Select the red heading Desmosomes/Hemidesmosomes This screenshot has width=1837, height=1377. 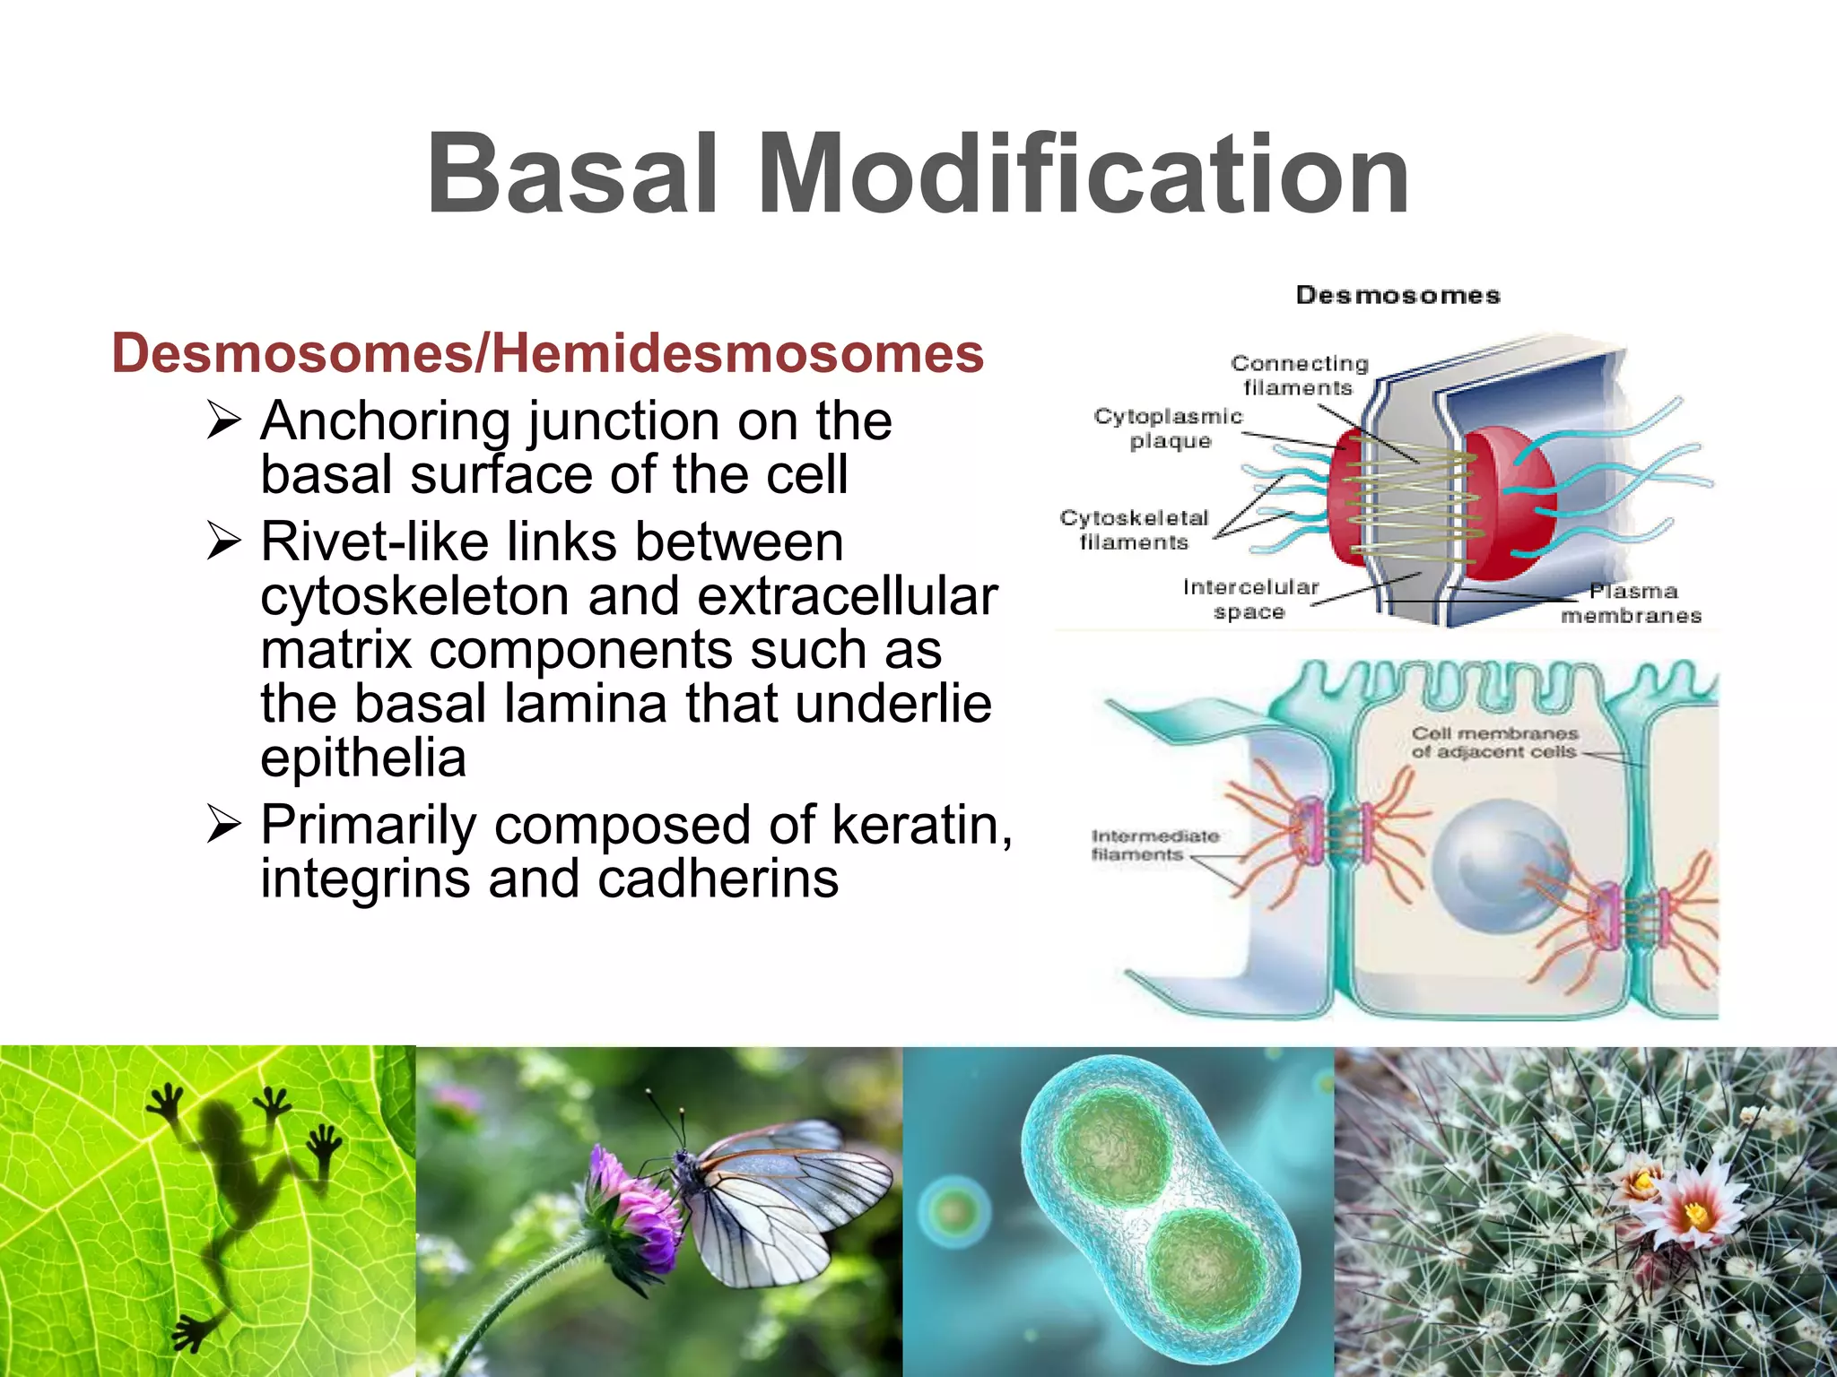(547, 353)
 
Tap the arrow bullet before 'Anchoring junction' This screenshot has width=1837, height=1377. (223, 420)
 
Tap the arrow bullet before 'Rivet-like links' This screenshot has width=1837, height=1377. (223, 541)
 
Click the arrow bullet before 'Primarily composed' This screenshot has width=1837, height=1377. (223, 823)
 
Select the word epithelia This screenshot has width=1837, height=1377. (363, 758)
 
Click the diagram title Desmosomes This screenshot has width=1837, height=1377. (1397, 295)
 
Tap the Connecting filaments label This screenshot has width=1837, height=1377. (1299, 375)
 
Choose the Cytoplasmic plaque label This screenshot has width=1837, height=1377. (1169, 429)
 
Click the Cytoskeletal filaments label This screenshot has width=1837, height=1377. (1134, 530)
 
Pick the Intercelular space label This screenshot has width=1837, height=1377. (1250, 599)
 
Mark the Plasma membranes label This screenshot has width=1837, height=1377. (1632, 603)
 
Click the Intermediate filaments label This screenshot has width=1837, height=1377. (1154, 844)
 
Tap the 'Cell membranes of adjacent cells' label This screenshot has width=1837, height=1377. (1493, 742)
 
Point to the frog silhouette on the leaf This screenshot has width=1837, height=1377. (238, 1192)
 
